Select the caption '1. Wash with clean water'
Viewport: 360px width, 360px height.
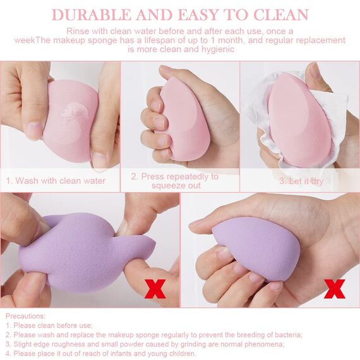56,181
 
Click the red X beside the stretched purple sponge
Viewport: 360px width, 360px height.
156,289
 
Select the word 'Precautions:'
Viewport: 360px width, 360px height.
25,315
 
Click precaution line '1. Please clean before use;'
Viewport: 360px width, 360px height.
49,325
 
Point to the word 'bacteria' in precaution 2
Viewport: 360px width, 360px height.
287,334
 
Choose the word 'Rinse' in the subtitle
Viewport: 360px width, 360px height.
80,31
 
